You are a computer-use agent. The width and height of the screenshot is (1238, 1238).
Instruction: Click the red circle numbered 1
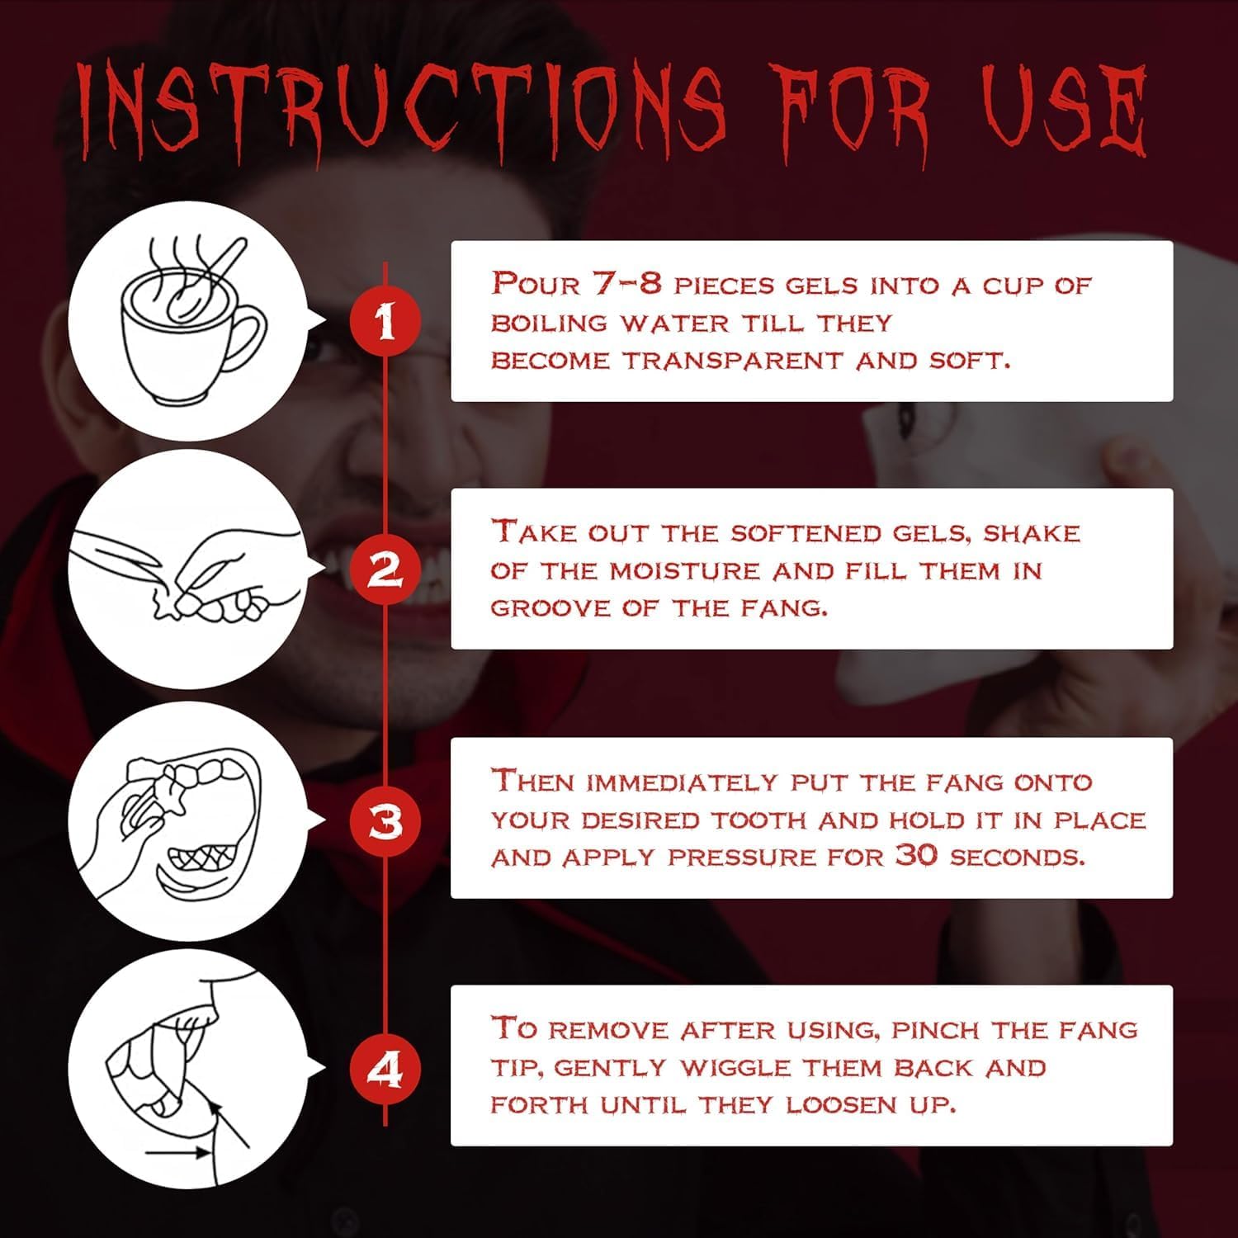(385, 321)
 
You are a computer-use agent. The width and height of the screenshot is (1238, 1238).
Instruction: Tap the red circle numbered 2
(385, 569)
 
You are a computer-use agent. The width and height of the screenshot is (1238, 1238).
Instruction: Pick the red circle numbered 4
(385, 1070)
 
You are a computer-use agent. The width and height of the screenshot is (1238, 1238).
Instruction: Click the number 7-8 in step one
(626, 284)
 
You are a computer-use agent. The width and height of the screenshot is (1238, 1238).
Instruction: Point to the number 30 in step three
(917, 856)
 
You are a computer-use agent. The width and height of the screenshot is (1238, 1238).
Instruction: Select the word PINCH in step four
(938, 1030)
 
